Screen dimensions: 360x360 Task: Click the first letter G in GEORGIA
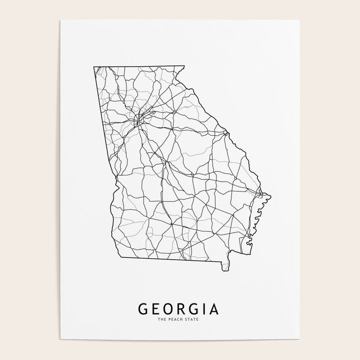pos(143,309)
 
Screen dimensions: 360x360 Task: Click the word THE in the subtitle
pos(162,320)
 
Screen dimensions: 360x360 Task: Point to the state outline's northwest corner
pos(94,67)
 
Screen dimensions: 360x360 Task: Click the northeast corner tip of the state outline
pos(184,66)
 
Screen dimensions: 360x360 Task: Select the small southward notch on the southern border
pos(225,268)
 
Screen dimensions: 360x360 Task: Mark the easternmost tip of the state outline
pos(270,195)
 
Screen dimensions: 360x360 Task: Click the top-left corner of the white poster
pos(60,20)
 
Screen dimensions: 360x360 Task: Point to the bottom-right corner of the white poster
pos(300,340)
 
